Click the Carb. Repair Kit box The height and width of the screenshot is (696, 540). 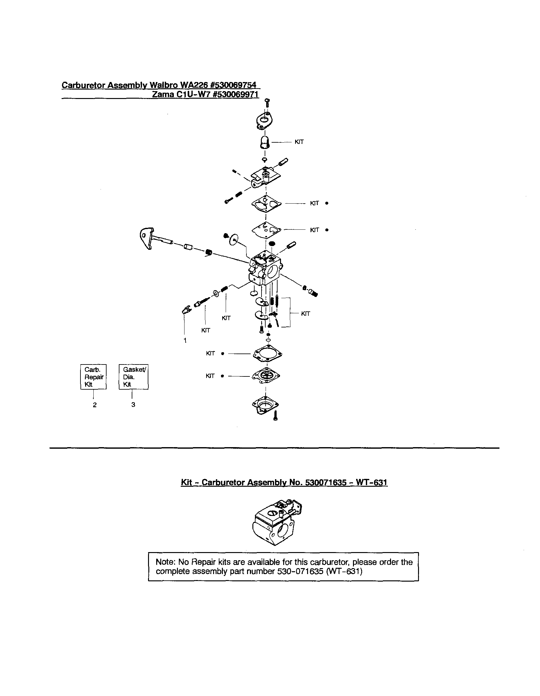point(93,377)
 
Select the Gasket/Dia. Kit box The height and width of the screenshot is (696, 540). point(134,377)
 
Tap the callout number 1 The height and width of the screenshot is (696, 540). point(185,340)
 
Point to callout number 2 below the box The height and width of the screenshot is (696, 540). point(95,405)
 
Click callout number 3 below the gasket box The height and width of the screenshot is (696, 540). point(133,404)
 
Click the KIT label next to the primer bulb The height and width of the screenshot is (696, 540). point(299,142)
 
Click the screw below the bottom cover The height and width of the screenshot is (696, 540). point(276,416)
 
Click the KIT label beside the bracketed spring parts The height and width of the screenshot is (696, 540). point(306,314)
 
